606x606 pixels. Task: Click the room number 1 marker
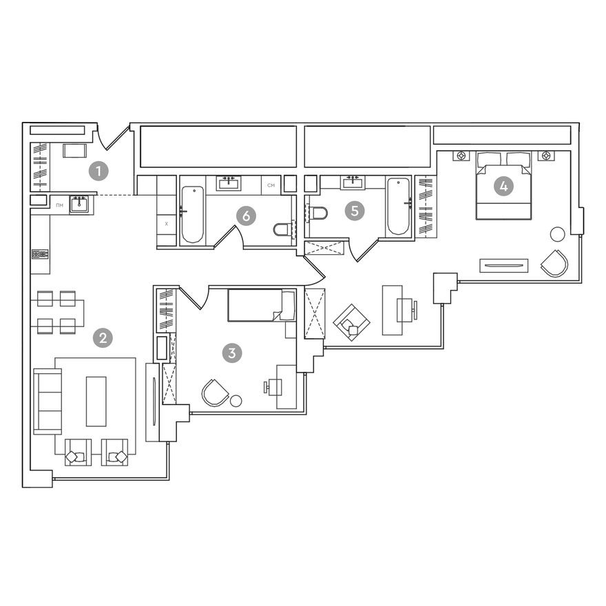pos(101,169)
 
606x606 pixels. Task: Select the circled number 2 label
pos(103,337)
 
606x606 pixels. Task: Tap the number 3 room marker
pos(232,353)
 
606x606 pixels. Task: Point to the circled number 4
pos(504,186)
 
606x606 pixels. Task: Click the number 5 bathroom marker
pos(355,211)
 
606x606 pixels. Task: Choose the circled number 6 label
pos(245,216)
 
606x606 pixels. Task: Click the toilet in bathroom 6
pos(282,229)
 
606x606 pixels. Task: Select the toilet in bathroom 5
pos(317,213)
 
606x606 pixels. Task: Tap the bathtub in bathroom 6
pos(193,210)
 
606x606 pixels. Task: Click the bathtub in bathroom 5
pos(398,207)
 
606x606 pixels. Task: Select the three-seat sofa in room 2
pos(48,400)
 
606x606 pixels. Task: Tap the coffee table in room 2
pos(96,401)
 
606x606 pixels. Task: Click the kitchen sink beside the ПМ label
pos(80,205)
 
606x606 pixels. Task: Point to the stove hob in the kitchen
pos(39,254)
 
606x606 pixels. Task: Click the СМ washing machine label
pos(271,185)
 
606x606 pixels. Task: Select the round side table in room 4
pos(557,234)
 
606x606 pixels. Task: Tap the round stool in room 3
pos(237,400)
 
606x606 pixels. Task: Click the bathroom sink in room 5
pos(353,182)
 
